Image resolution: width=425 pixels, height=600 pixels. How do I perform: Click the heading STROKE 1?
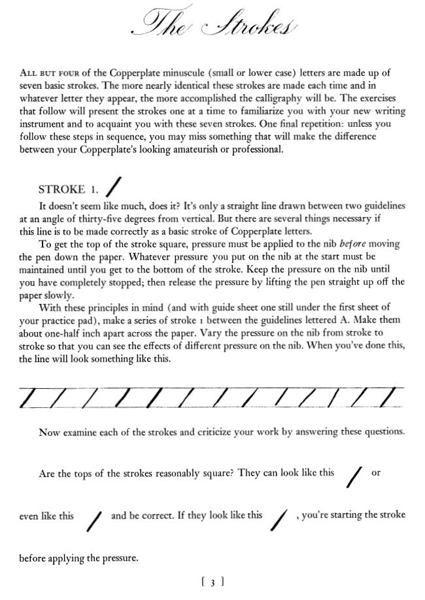click(x=69, y=190)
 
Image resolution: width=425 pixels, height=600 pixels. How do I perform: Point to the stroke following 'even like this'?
click(x=95, y=520)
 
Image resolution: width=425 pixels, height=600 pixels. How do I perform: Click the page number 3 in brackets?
click(x=213, y=580)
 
